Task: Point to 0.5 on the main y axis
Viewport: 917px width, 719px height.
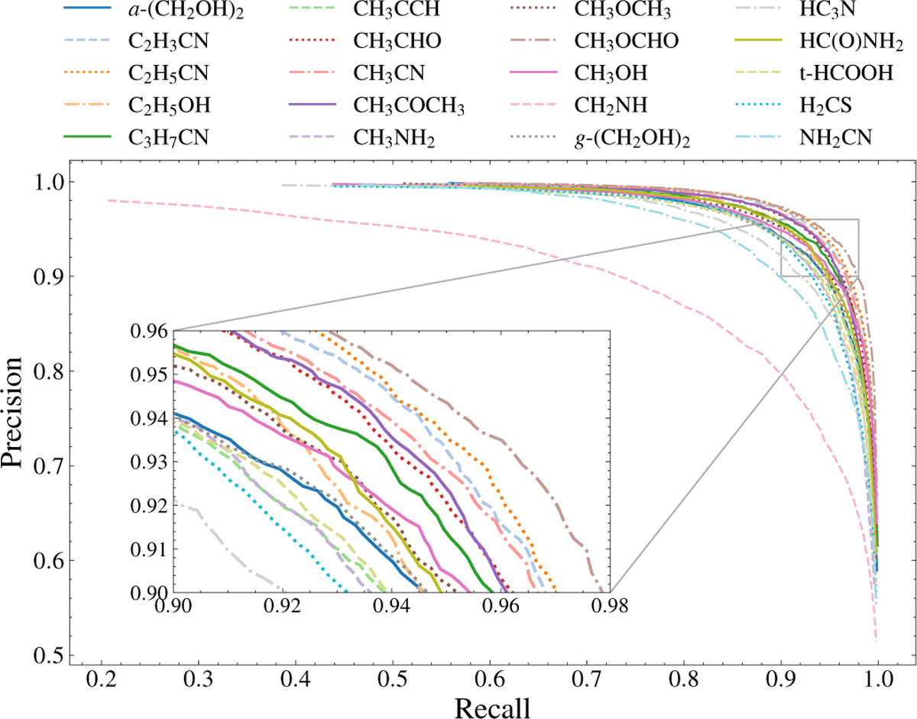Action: tap(48, 655)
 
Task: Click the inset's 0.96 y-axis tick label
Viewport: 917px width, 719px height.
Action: tap(151, 331)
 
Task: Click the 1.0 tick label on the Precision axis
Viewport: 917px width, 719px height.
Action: tap(48, 182)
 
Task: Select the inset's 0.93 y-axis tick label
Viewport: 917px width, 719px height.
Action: tap(151, 462)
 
